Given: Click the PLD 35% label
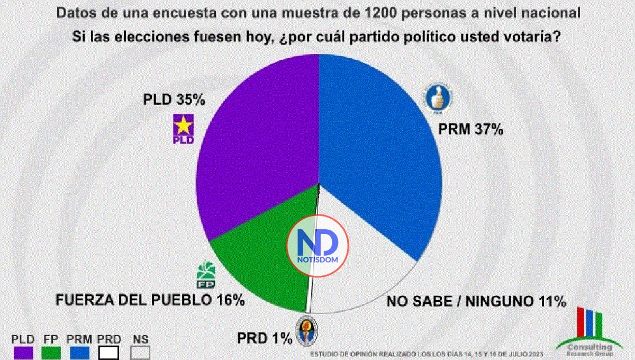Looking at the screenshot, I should click(174, 100).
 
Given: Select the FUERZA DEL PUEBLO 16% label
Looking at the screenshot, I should click(150, 300).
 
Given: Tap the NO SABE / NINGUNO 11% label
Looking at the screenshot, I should click(476, 302).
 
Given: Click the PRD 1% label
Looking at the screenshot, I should click(264, 337).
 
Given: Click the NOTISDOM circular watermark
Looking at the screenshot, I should click(317, 245).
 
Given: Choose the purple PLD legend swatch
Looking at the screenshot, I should click(23, 353).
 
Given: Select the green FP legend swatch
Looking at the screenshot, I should click(51, 353).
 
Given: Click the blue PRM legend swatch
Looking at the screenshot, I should click(80, 353).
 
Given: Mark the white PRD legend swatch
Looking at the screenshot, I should click(109, 353).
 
